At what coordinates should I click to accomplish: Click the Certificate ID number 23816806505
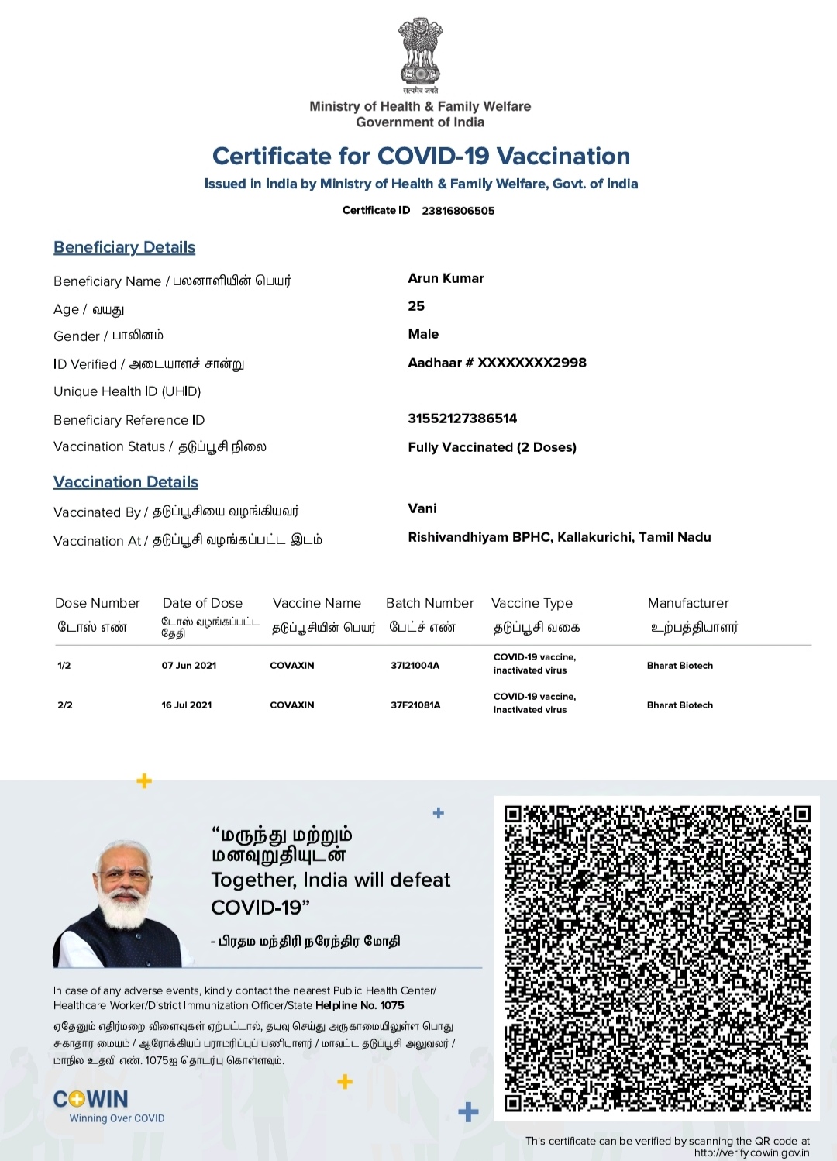point(458,211)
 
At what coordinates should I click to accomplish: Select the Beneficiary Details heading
point(124,247)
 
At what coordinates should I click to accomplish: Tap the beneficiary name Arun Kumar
point(446,278)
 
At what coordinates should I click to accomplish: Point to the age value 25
point(416,306)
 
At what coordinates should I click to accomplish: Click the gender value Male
point(423,334)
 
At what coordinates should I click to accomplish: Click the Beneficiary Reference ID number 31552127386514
point(462,419)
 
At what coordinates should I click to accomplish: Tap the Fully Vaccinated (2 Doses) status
point(492,447)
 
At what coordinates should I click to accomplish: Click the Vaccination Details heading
point(126,482)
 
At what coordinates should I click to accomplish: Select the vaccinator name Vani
point(422,508)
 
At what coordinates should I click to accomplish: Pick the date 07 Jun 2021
point(189,665)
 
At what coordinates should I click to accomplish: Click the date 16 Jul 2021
point(187,705)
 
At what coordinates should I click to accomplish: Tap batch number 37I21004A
point(415,665)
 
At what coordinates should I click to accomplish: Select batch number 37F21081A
point(415,705)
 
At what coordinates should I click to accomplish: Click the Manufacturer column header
point(688,603)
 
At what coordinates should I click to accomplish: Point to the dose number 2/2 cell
point(65,705)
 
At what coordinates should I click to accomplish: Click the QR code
point(656,958)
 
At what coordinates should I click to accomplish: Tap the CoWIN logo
point(91,1099)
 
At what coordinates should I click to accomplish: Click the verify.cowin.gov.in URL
point(751,1152)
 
